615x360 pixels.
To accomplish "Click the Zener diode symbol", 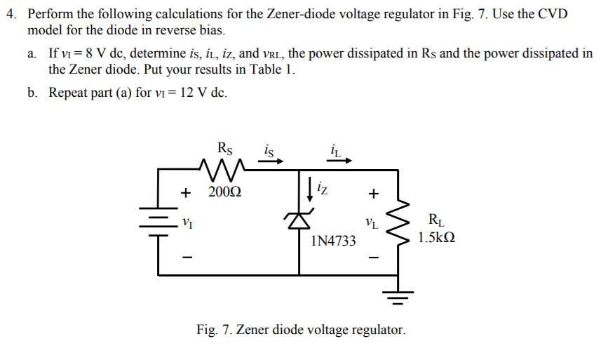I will point(299,220).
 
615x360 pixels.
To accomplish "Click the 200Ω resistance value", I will point(224,192).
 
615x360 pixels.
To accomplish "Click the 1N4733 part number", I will point(332,241).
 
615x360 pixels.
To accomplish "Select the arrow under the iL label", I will point(339,161).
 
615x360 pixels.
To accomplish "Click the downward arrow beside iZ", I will point(310,187).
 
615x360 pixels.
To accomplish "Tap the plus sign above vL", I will point(374,192).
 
